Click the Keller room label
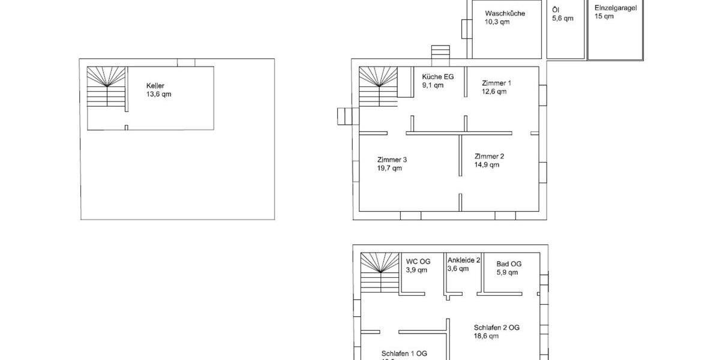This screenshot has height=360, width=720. pos(155,86)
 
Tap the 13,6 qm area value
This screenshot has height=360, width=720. pos(158,95)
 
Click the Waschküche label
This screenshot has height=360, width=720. pos(505,13)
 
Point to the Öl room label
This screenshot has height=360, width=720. pos(556,10)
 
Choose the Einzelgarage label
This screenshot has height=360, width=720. pos(616,8)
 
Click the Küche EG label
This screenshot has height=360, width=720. pos(437,77)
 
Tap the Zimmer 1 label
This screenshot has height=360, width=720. pos(497,83)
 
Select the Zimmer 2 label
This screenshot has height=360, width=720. pos(489,156)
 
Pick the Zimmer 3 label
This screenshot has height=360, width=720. pos(392,160)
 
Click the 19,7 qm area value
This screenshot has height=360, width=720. pos(389,169)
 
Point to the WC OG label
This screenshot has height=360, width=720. pos(418,261)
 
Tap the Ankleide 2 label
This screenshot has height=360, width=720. pos(464,260)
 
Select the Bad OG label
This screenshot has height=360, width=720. pos(509,263)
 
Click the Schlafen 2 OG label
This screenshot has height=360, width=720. pos(496,328)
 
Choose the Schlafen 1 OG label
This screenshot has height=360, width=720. pos(404,353)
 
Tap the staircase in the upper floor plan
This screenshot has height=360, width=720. pos(379,273)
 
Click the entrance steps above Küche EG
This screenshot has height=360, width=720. pos(440,53)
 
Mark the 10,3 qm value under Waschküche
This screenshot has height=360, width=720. pos(497,22)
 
